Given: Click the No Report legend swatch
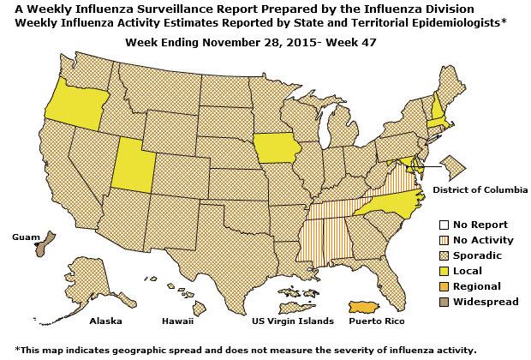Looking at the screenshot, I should [443, 225].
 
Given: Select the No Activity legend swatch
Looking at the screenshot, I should [443, 240].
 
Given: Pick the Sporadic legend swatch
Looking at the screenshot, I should [443, 255].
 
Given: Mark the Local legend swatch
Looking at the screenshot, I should [443, 271].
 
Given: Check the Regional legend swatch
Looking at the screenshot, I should [443, 286].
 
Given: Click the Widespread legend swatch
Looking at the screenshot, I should [443, 302].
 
